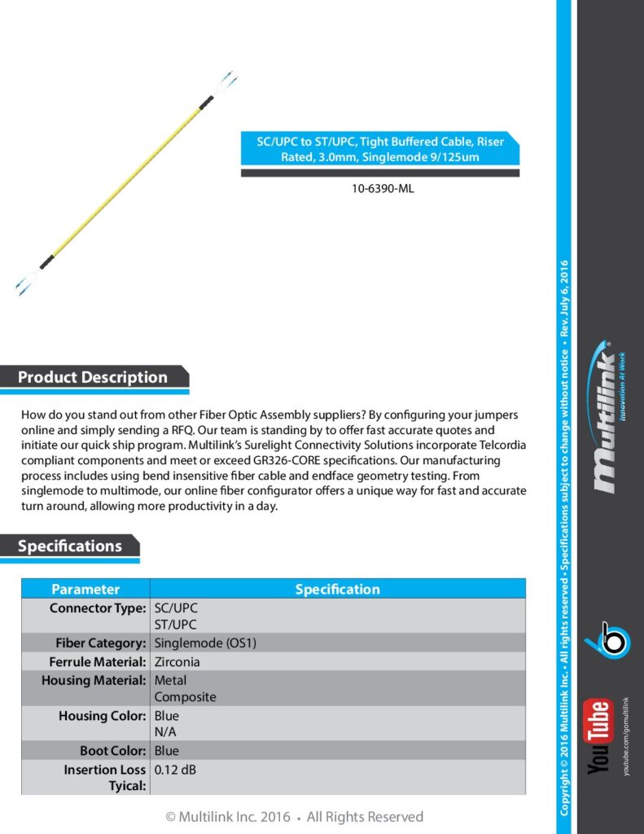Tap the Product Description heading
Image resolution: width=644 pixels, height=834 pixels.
point(93,377)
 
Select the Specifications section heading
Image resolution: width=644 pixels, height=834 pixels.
point(70,546)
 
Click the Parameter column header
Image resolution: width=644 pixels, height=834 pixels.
point(85,589)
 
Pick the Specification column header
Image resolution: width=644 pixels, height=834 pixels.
point(337,589)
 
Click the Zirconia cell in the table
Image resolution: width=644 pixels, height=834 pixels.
point(177,661)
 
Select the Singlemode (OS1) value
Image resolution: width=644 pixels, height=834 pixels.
point(206,643)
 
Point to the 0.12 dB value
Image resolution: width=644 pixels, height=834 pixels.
point(175,770)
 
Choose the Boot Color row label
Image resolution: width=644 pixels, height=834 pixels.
point(113,751)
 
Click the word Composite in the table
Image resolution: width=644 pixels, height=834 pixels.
point(186,697)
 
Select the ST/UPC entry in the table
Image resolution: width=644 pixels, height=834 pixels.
point(176,625)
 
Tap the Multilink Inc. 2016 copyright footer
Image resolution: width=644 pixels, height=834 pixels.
point(294,816)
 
